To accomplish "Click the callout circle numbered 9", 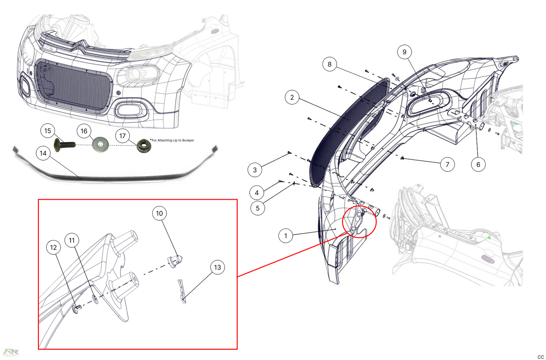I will [x=404, y=52].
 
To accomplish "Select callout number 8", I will [x=329, y=64].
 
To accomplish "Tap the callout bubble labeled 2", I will [x=292, y=97].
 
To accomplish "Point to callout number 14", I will [x=43, y=153].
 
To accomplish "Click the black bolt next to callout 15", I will [x=64, y=145].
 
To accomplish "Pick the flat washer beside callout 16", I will [x=100, y=144].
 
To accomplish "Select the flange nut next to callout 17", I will [x=144, y=146].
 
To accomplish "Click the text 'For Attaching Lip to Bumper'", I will [x=173, y=140].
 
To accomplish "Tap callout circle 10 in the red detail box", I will [x=159, y=213].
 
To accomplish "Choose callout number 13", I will [x=217, y=267].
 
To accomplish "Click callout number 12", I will [x=53, y=247].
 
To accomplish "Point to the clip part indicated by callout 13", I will [x=182, y=291].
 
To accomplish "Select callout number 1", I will [x=286, y=236].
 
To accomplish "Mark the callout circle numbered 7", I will [x=447, y=164].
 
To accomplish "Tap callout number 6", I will [x=478, y=164].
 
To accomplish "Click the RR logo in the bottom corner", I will [x=11, y=352].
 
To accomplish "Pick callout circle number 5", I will [x=258, y=208].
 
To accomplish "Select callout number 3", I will [x=255, y=170].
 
